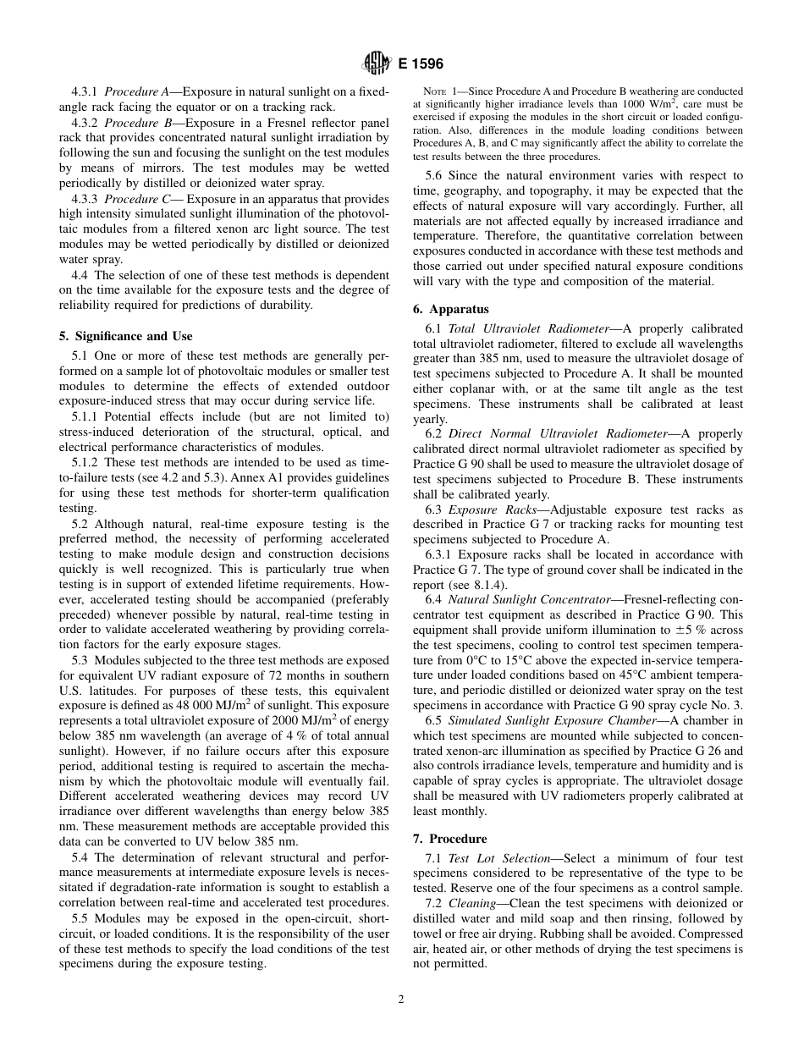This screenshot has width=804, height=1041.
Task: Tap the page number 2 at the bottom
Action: [x=401, y=999]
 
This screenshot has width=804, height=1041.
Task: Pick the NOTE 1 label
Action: [x=443, y=91]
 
